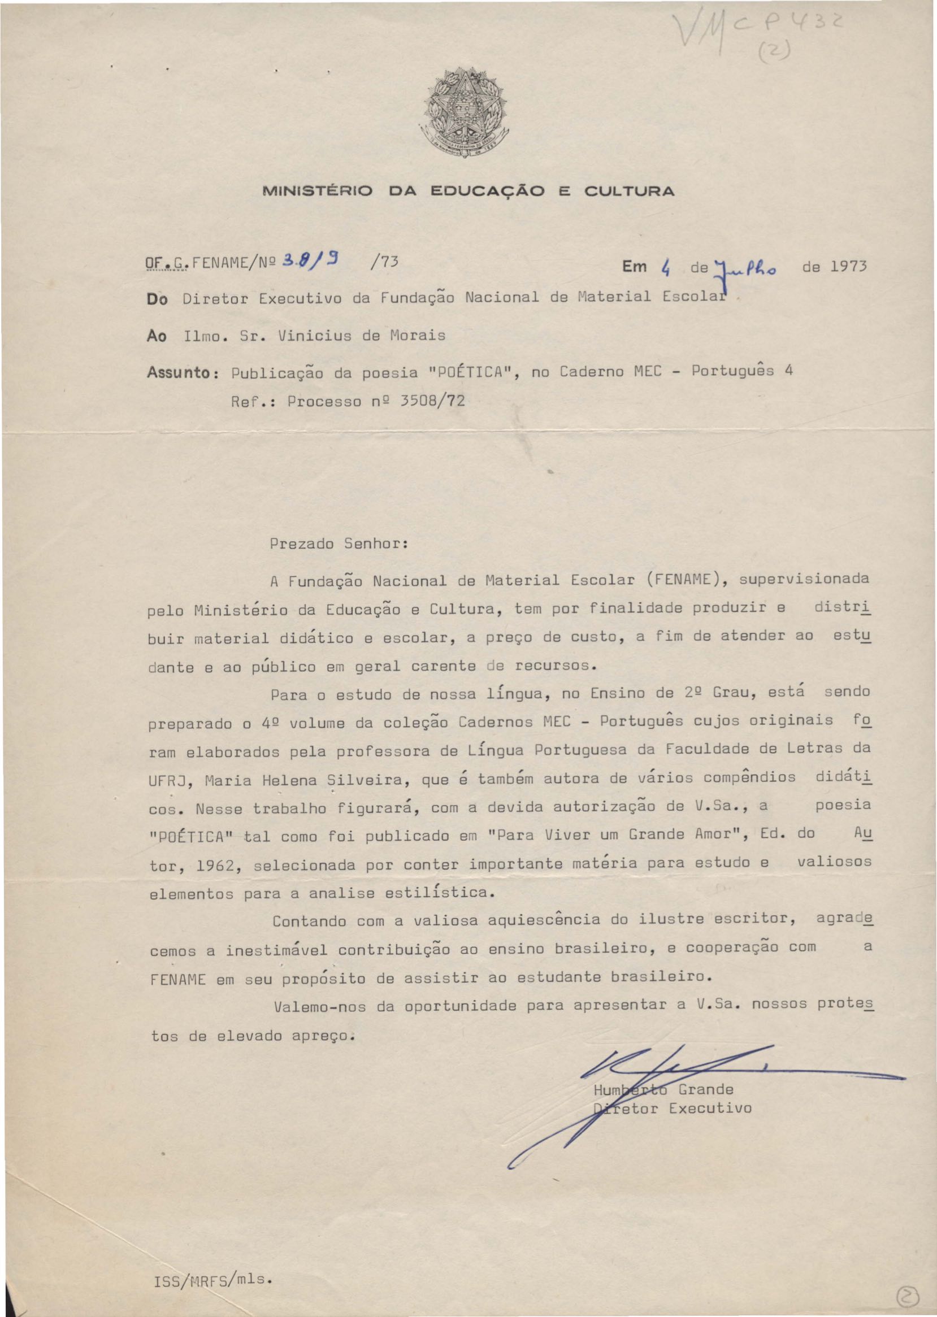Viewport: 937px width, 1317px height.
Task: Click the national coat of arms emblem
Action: click(x=466, y=111)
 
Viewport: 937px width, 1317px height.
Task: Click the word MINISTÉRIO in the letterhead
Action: click(x=318, y=191)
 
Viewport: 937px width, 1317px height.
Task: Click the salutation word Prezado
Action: click(x=301, y=544)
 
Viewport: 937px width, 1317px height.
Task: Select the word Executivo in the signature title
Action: click(x=710, y=1108)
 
